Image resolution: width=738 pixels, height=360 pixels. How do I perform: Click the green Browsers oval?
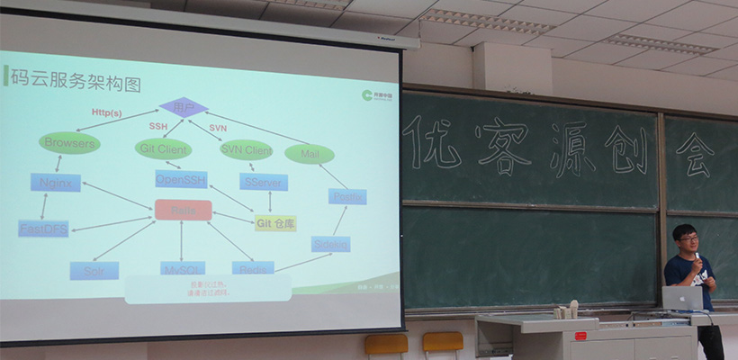(69, 142)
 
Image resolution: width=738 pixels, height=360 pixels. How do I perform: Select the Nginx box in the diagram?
(55, 182)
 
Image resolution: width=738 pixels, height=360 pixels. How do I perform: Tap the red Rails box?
(183, 211)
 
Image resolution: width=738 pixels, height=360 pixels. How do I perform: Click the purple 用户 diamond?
(184, 107)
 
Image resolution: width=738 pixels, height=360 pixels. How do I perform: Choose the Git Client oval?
(163, 148)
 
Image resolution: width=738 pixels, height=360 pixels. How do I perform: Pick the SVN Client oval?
(246, 149)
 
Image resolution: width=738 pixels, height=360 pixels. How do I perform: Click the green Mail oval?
(310, 155)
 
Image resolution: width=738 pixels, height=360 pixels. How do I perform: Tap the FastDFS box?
(42, 229)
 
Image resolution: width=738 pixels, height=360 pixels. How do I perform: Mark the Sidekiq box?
(330, 244)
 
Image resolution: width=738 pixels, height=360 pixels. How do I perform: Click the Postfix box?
(346, 196)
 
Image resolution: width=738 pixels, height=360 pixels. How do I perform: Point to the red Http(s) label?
(107, 112)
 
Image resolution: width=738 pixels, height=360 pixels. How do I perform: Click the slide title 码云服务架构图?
(76, 85)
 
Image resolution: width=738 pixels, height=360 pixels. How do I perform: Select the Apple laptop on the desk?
(681, 298)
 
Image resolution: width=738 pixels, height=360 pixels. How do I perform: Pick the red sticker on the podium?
(580, 336)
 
